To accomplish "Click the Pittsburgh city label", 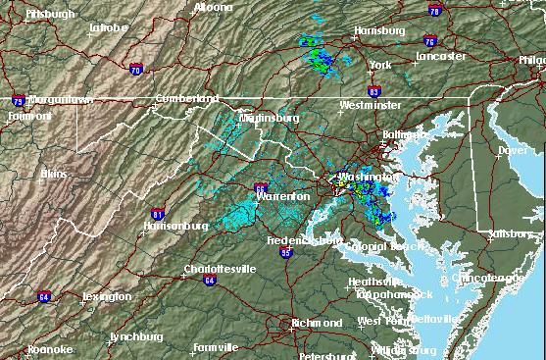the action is click(x=51, y=15).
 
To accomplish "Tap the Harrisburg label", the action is click(x=377, y=31).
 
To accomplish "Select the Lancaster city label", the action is click(x=440, y=56).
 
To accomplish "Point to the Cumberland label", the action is click(x=187, y=98).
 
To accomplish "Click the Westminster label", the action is click(x=370, y=104).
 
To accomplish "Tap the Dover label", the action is click(x=512, y=151).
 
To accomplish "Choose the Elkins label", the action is click(x=54, y=174).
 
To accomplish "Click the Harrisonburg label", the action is click(x=175, y=226).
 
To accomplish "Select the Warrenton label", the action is click(x=282, y=197).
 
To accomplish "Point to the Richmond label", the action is click(x=317, y=323).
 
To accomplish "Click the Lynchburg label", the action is click(x=135, y=336).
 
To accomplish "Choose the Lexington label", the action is click(x=106, y=296).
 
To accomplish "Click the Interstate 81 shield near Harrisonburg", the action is click(x=159, y=214).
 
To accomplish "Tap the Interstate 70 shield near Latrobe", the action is click(x=135, y=69).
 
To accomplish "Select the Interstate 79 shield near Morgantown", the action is click(x=18, y=100).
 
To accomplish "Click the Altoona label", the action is click(x=213, y=7).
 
